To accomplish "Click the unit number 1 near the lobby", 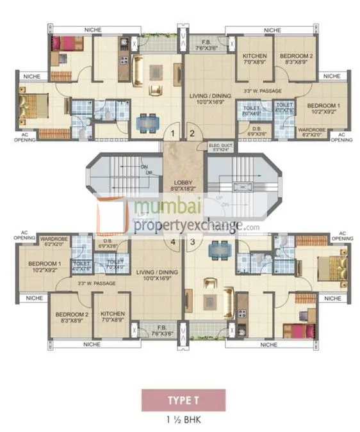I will tap(172, 134).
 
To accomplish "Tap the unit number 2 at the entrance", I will tap(191, 134).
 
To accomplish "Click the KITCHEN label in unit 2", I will tap(254, 60).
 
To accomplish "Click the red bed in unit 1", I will tap(67, 44).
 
